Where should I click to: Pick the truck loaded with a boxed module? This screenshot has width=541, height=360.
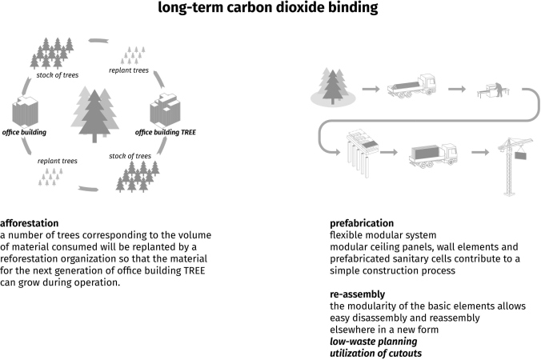(432, 153)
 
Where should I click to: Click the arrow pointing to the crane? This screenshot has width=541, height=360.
(479, 151)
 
